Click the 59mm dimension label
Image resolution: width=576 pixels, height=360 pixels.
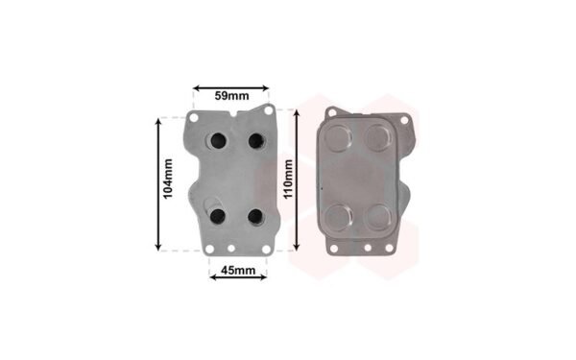pos(231,96)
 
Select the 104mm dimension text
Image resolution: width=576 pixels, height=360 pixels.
pos(168,179)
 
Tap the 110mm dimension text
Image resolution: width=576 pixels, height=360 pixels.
pos(288,179)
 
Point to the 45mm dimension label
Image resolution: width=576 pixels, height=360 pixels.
pos(238,271)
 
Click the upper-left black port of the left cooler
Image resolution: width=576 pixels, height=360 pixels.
pos(218,141)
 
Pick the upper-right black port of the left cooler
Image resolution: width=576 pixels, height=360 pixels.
pos(255,141)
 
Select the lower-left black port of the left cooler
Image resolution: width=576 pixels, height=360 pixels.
pos(218,216)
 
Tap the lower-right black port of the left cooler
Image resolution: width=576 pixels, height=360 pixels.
pos(255,216)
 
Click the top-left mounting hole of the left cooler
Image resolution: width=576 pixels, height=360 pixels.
pos(194,118)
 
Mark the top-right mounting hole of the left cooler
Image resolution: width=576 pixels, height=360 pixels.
pos(269,109)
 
